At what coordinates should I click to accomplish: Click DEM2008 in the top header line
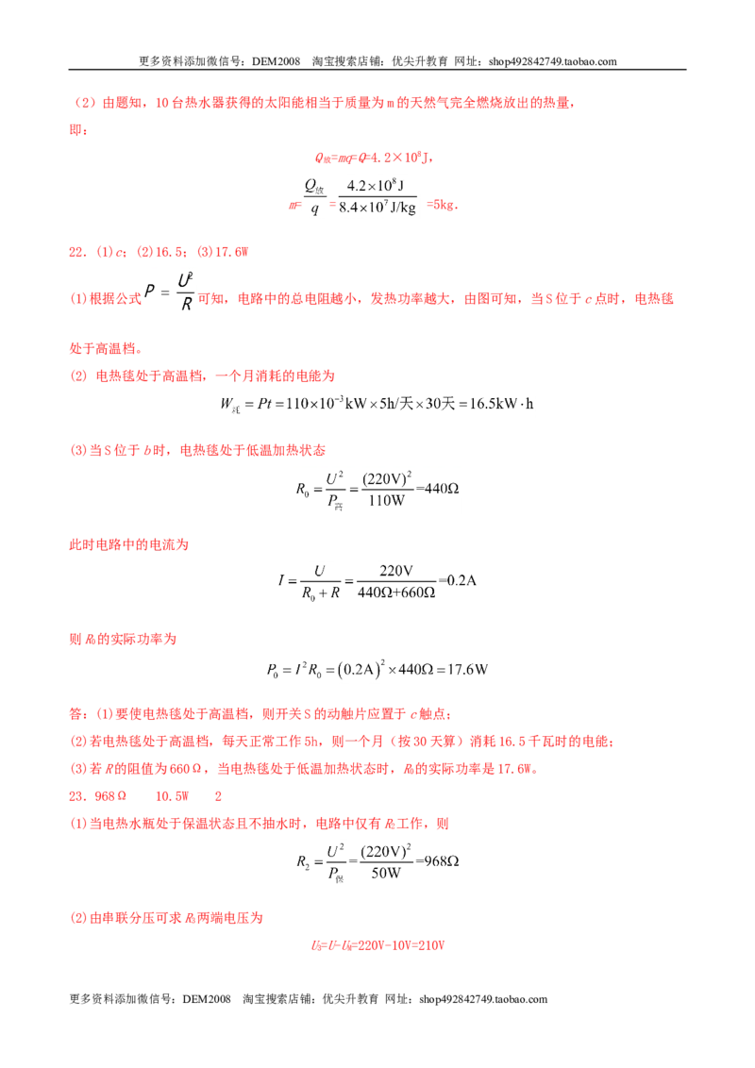click(x=276, y=61)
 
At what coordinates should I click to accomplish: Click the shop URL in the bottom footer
click(x=483, y=999)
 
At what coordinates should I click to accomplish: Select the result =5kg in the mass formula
click(x=442, y=205)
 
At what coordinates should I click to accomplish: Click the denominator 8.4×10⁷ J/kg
click(x=377, y=207)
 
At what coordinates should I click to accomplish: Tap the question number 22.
click(x=77, y=252)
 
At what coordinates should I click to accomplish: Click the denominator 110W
click(x=386, y=501)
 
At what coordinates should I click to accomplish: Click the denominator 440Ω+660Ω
click(x=395, y=592)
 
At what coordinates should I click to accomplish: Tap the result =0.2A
click(x=457, y=580)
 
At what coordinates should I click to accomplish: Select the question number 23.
click(x=77, y=796)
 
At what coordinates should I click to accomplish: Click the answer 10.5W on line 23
click(x=172, y=796)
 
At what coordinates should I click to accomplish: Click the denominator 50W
click(x=386, y=874)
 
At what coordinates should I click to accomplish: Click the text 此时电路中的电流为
click(x=128, y=545)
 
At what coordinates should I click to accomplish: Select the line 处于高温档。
click(x=107, y=349)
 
